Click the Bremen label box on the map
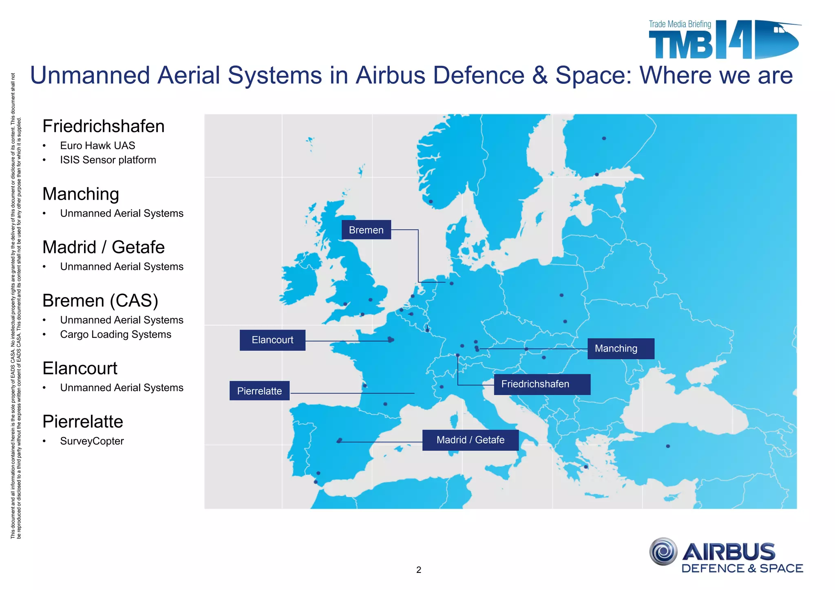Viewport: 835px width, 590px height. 366,230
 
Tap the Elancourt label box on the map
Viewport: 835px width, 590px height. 272,340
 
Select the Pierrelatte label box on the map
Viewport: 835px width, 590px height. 259,391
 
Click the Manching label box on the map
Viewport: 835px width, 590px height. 620,348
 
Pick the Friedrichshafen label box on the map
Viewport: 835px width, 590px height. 541,384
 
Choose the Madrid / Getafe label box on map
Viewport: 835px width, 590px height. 470,440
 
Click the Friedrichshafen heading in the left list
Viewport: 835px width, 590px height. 104,126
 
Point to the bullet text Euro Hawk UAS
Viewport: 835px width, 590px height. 97,145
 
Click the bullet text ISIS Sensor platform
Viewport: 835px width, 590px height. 108,160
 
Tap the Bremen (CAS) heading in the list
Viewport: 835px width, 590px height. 100,301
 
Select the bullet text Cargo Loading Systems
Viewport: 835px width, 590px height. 115,334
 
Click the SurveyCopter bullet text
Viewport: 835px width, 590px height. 92,441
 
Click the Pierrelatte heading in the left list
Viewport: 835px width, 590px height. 83,421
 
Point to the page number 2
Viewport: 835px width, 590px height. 418,570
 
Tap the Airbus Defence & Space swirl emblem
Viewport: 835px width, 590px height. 663,551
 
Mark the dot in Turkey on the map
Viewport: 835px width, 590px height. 668,446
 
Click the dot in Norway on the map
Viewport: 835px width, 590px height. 431,201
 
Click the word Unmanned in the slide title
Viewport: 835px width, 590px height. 90,75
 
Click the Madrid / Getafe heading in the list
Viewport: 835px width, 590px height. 104,247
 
